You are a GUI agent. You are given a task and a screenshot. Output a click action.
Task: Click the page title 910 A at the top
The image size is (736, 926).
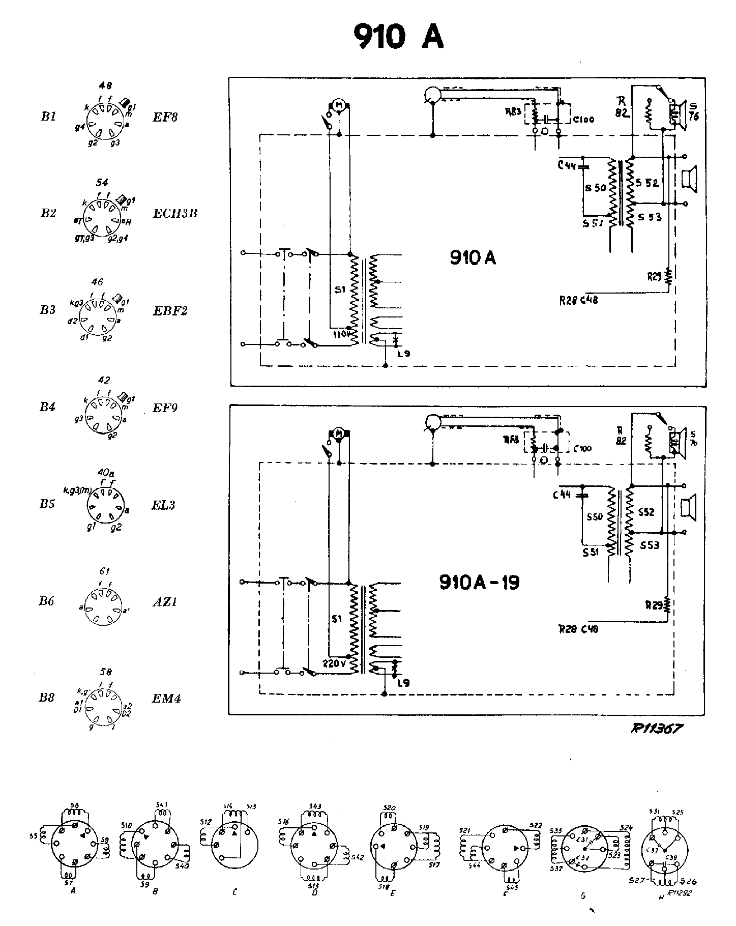[x=398, y=37]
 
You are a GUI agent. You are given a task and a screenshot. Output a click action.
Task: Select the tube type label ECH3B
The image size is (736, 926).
[x=175, y=213]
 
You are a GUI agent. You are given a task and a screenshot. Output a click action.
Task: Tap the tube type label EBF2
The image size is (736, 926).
[x=170, y=310]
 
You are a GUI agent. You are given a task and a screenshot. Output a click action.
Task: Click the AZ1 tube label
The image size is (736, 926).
[x=165, y=602]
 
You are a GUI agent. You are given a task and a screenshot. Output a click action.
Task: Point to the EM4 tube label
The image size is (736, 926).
[x=167, y=698]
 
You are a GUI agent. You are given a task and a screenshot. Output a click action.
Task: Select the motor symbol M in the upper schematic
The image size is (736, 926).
[x=338, y=105]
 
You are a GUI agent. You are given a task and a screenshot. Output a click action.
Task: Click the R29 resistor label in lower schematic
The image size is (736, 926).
[x=654, y=605]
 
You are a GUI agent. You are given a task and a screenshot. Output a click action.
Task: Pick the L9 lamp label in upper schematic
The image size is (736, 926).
[x=404, y=353]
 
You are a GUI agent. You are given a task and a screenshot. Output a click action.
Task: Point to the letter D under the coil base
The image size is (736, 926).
[x=315, y=892]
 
